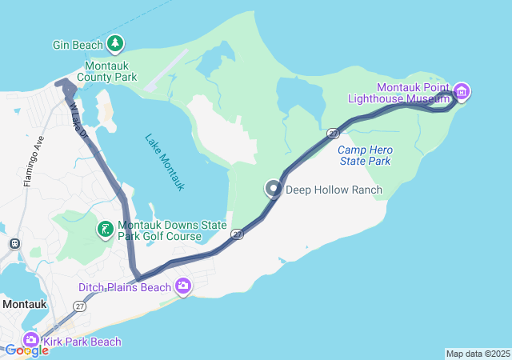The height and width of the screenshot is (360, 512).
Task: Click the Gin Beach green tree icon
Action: coord(116,43)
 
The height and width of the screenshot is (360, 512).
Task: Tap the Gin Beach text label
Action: coord(78,46)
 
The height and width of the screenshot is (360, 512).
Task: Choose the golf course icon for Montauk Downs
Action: coord(105,230)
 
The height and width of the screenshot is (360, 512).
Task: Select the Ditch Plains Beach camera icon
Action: coord(184,286)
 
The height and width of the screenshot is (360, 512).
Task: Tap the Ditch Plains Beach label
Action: coord(125,287)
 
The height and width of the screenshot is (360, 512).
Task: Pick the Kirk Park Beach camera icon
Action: coord(30,340)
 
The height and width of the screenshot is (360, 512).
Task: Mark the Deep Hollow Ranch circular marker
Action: coord(274,190)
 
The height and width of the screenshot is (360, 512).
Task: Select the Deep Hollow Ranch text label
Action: coord(334,190)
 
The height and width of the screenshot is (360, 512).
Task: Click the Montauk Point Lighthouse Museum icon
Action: coord(462,91)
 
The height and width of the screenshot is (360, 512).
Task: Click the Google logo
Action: coord(26,350)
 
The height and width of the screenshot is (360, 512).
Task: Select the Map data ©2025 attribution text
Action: coord(477,354)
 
